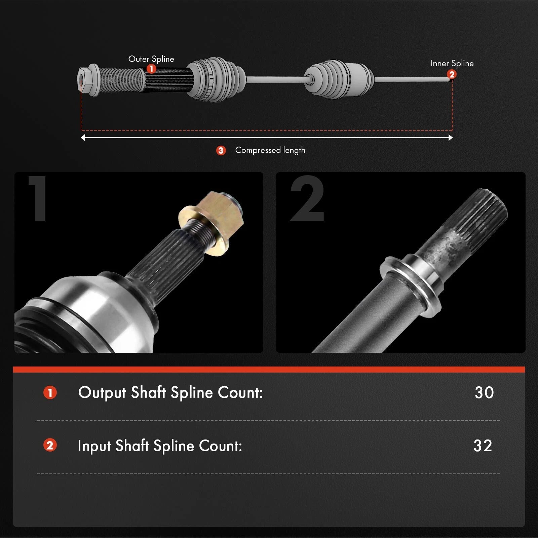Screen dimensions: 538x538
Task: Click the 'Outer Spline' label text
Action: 151,59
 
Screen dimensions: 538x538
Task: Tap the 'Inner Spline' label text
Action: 452,63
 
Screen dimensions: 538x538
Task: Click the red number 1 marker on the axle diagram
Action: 151,69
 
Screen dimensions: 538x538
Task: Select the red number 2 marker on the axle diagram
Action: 452,74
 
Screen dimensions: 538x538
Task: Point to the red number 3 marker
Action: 221,150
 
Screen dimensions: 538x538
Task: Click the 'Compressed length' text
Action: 270,150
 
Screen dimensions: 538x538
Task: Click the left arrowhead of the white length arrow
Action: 83,138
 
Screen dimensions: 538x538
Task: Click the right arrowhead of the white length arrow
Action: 451,138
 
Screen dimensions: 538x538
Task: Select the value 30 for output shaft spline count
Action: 484,392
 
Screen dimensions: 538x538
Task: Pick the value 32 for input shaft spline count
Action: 483,446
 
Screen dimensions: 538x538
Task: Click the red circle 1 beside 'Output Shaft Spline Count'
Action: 50,392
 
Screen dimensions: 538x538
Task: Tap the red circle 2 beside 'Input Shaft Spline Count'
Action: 50,445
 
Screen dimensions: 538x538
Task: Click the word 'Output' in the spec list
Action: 102,393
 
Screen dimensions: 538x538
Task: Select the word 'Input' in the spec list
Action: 94,446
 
